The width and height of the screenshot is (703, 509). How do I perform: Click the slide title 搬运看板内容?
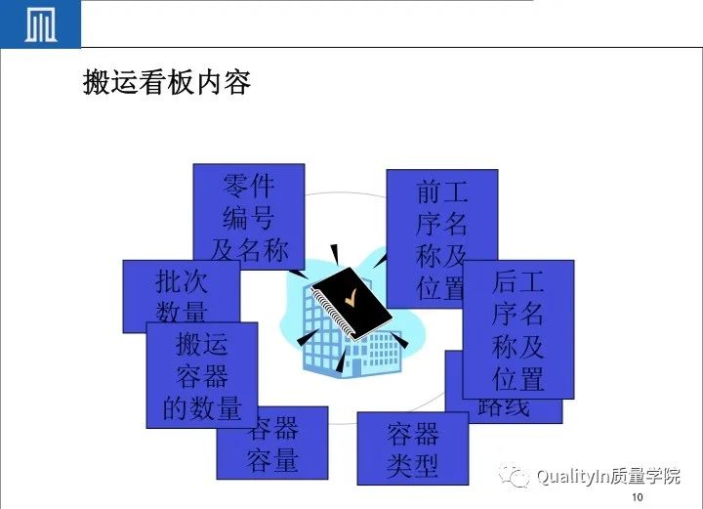[167, 84]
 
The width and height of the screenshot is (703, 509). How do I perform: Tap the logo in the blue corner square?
[40, 24]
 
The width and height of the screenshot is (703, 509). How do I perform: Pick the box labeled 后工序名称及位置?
[517, 329]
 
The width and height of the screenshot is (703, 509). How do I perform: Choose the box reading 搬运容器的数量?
[202, 375]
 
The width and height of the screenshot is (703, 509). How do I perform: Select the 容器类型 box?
[412, 448]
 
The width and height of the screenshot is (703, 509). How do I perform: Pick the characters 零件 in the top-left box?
[249, 186]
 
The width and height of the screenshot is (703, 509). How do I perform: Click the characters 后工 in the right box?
[517, 283]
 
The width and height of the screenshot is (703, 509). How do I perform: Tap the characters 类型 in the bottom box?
[412, 465]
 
